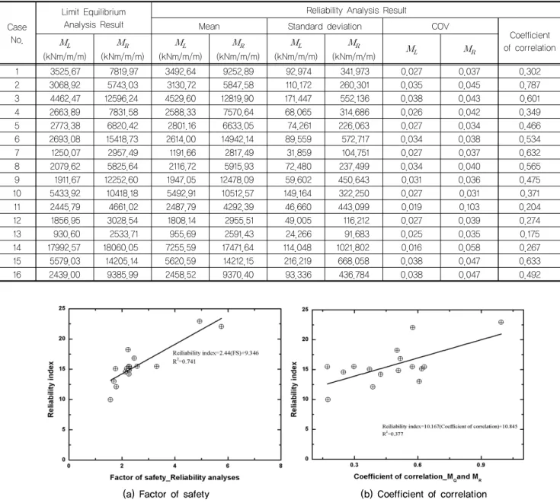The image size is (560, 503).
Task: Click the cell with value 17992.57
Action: (65, 247)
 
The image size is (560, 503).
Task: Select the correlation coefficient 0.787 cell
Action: (530, 85)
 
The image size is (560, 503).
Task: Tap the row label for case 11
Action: (17, 207)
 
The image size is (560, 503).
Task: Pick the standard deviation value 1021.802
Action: (354, 247)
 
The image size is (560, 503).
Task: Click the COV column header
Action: (440, 27)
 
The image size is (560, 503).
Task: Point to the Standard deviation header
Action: (325, 27)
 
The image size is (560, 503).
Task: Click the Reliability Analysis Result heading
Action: (356, 11)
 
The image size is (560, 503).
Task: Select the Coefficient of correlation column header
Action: (530, 41)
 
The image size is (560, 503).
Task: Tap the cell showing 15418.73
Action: (122, 139)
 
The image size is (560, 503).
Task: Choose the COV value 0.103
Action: (469, 207)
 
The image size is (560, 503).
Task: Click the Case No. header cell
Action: (17, 33)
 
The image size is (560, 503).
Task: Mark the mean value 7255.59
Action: (181, 247)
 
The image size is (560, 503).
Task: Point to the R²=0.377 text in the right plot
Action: (393, 434)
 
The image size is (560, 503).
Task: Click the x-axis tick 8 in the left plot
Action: (280, 466)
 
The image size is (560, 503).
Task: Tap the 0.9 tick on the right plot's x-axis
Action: (481, 465)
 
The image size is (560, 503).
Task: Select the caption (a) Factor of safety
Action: (166, 494)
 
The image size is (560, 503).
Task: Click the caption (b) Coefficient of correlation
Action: (424, 494)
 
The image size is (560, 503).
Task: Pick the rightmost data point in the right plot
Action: (501, 322)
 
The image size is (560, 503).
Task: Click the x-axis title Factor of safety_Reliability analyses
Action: (174, 477)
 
